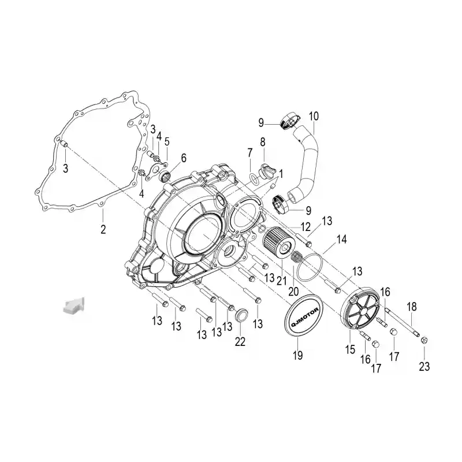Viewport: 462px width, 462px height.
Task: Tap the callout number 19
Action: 297,355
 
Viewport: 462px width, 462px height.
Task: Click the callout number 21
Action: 282,280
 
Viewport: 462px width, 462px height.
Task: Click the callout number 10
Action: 314,117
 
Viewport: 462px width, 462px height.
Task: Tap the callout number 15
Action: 350,350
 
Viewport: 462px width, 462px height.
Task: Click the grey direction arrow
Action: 73,306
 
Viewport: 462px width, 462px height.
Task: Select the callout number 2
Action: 103,229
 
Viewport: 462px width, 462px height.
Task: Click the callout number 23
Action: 424,367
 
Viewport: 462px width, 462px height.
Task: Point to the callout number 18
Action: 412,307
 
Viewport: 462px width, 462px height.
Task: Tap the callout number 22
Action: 240,342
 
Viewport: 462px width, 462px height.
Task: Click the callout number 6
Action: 184,158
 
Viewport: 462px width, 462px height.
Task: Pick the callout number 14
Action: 341,239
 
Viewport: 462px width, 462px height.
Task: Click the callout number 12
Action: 305,227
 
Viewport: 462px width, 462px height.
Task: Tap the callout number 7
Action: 250,152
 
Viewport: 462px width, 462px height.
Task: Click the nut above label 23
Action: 424,340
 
